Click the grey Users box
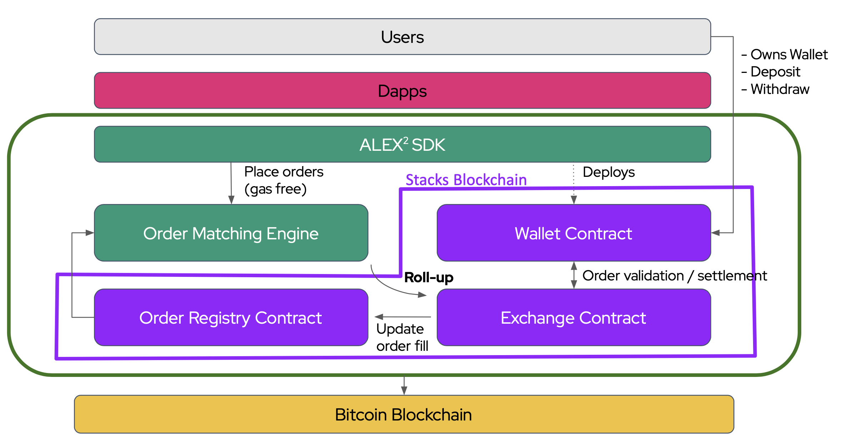402,37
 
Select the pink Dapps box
402,91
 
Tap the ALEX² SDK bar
402,144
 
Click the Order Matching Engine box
231,233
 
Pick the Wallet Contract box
574,233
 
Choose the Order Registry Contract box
231,318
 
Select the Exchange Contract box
574,318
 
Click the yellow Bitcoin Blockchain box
404,414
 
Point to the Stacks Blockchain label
466,180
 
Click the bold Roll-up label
428,278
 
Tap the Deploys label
608,172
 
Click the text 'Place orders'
284,172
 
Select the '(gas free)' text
275,189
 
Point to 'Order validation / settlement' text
675,276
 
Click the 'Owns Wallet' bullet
789,55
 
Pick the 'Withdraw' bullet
780,89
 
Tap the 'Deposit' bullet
775,72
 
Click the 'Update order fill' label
402,337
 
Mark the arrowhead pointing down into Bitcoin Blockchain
404,391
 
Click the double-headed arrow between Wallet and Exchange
574,275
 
